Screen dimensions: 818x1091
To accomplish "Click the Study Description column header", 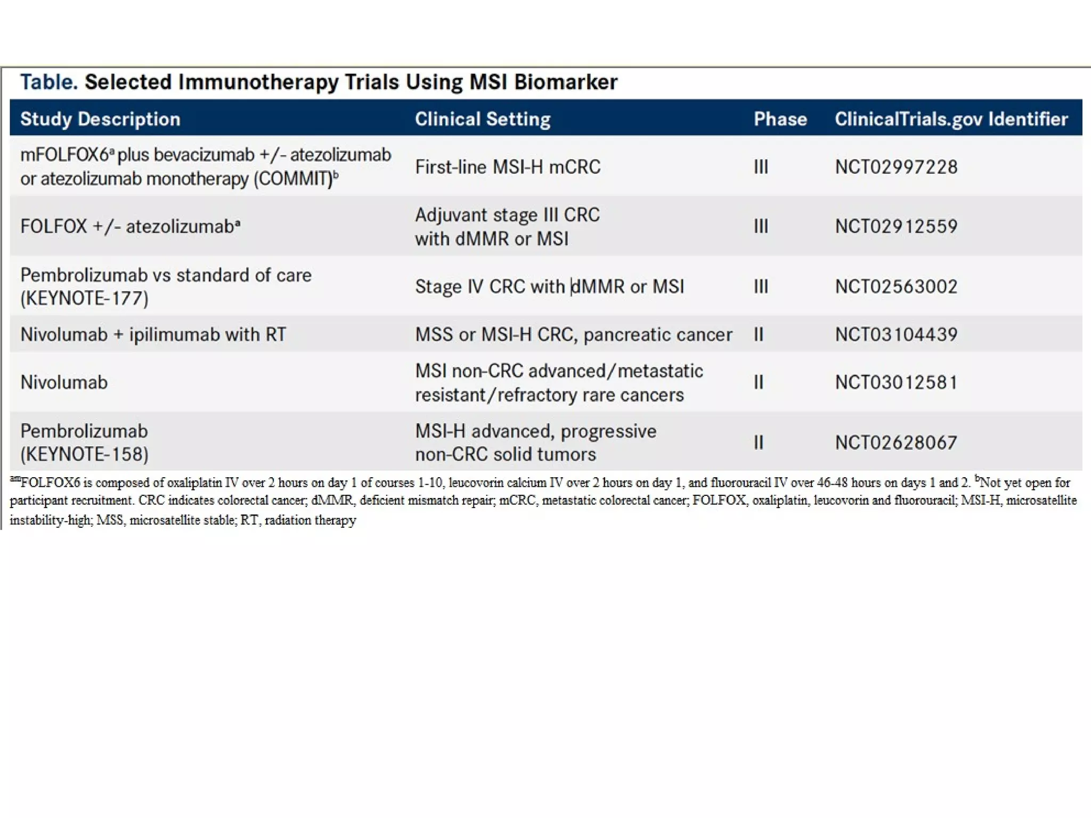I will pos(100,119).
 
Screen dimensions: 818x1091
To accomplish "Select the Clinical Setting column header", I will pos(482,119).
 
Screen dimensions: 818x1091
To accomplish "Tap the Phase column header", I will pos(780,119).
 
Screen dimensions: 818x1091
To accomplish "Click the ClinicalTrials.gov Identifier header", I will pos(951,119).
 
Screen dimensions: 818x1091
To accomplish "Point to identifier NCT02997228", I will pos(896,167).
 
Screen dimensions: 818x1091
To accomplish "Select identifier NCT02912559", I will pos(896,227).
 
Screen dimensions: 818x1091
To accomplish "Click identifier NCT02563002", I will pos(896,287).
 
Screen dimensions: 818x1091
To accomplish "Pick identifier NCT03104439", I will pos(896,334).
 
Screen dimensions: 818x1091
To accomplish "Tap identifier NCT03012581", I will pos(896,382).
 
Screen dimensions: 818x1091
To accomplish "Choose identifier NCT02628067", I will pos(896,443).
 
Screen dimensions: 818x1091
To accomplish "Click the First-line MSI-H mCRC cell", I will pos(508,167).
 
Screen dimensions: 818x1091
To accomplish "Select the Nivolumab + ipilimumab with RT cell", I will pos(153,334).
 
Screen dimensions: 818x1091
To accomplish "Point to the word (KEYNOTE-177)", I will pos(84,298).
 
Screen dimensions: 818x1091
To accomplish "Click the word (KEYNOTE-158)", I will pos(84,454).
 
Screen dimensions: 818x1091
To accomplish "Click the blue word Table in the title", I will pos(48,82).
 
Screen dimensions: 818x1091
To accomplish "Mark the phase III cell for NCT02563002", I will pos(761,287).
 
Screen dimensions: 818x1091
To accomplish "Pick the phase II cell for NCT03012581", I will pos(759,382).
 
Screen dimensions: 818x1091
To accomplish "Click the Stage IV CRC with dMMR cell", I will pos(549,287).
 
